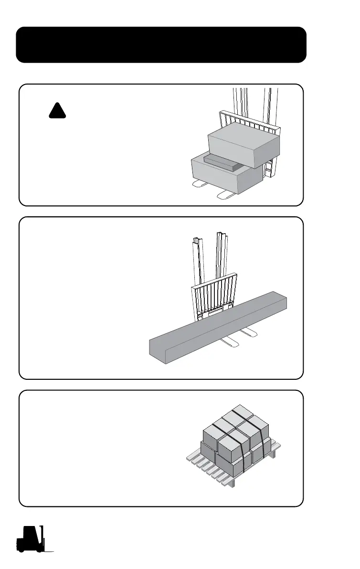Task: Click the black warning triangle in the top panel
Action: [57, 111]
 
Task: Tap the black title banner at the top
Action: [161, 44]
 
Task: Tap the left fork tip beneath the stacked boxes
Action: [197, 184]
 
